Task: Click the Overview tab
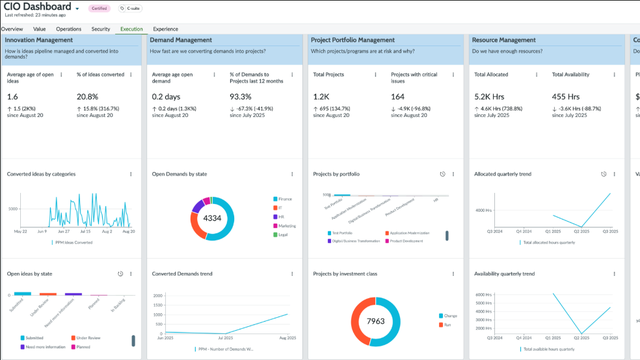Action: coord(12,29)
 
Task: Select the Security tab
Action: coord(100,29)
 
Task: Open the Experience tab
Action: coord(165,29)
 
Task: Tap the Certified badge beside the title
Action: coord(99,8)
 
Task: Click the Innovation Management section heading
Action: coord(39,40)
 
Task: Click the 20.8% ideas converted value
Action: coord(87,97)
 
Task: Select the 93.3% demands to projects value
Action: coord(241,97)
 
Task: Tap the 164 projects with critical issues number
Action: coord(398,97)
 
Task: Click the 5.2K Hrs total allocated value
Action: coord(489,97)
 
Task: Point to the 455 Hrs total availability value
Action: coord(566,97)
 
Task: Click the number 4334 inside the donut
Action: coord(212,217)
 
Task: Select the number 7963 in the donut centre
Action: coord(377,321)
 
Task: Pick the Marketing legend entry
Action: coord(286,226)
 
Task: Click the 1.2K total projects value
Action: coord(321,97)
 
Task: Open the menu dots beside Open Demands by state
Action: coord(292,174)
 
